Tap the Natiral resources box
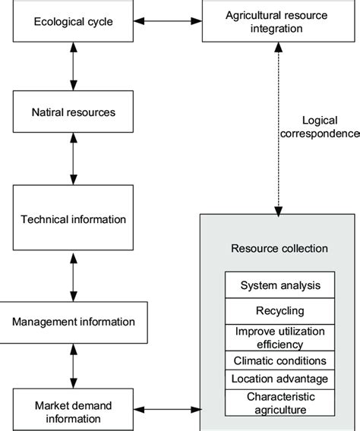(x=74, y=112)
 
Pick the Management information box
(x=74, y=321)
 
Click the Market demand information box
(x=74, y=411)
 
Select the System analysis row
(x=279, y=285)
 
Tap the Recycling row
(x=279, y=311)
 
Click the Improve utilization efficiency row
(x=279, y=337)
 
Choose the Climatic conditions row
(x=279, y=361)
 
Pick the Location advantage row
(x=279, y=379)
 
